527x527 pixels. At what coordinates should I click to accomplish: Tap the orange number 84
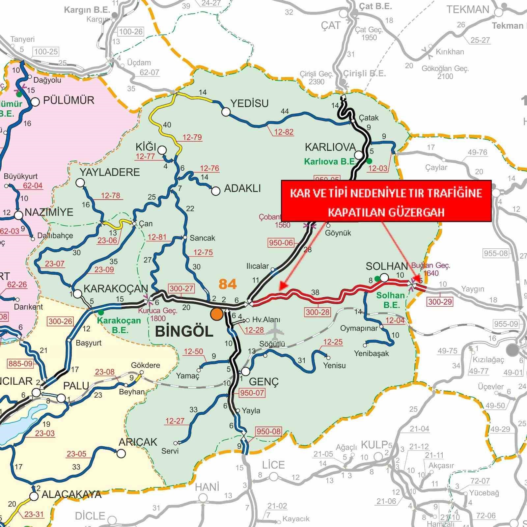coord(227,284)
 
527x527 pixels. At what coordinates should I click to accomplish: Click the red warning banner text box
coord(386,201)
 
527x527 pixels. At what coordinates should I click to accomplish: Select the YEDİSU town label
coord(249,103)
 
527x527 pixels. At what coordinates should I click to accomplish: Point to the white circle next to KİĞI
coord(162,150)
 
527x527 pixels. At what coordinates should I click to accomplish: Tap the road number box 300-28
coord(318,312)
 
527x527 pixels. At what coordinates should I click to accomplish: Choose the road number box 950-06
coord(281,243)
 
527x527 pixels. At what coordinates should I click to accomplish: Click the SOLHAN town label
coord(387,266)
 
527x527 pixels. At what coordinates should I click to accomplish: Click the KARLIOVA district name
coord(330,147)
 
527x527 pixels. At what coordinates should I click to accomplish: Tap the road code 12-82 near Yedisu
coord(284,132)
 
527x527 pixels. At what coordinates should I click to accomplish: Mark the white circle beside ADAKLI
coord(216,191)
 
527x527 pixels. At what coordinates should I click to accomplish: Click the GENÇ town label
coord(264,381)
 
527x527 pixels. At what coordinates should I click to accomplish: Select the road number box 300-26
coord(60,321)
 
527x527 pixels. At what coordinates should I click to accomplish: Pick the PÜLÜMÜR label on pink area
coord(69,100)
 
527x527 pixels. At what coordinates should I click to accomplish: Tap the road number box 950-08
coord(268,431)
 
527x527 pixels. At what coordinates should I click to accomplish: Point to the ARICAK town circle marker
coord(121,454)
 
